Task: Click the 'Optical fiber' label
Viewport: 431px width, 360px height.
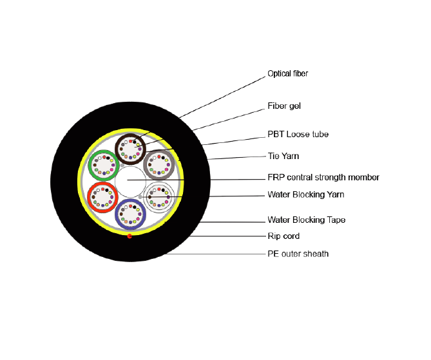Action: click(x=287, y=74)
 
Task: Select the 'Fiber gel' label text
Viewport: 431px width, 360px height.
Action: click(x=284, y=106)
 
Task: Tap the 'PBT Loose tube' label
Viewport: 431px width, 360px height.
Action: click(x=298, y=135)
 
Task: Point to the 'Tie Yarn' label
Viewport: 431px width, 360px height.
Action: click(x=283, y=156)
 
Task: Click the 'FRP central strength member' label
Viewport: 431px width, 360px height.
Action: click(x=323, y=177)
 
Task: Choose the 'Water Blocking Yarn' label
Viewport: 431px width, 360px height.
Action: click(x=305, y=194)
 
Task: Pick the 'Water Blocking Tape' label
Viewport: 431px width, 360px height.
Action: click(x=306, y=220)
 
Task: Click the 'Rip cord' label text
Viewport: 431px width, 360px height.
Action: click(x=283, y=236)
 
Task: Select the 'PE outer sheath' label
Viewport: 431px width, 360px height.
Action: click(x=298, y=254)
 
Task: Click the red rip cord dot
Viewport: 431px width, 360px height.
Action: click(x=130, y=236)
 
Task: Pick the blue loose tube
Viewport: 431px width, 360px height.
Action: click(x=131, y=214)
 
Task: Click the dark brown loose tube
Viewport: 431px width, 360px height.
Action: click(x=131, y=148)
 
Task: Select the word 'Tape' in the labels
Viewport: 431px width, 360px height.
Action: click(x=335, y=220)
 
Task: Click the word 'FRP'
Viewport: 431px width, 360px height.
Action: click(x=276, y=177)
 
